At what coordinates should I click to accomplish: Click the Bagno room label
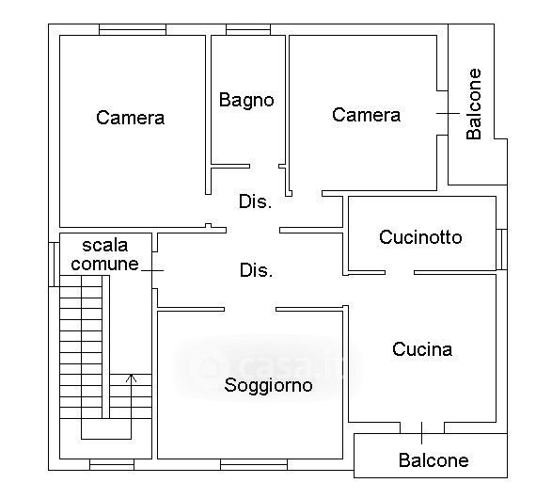(x=246, y=101)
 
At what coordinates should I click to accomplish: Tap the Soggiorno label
(x=268, y=386)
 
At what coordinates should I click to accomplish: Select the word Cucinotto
(x=420, y=237)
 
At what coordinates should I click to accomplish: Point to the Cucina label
(x=422, y=349)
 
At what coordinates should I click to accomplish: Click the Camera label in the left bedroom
(x=131, y=118)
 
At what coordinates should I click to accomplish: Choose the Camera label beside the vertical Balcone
(x=366, y=115)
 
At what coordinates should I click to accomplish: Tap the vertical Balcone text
(x=474, y=104)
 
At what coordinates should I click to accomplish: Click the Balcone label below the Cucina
(x=434, y=460)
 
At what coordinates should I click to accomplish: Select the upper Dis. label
(x=256, y=201)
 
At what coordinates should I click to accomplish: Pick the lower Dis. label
(x=256, y=270)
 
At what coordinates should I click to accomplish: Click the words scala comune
(x=105, y=254)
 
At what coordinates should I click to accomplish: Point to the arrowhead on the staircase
(x=132, y=378)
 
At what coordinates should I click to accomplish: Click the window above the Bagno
(x=248, y=29)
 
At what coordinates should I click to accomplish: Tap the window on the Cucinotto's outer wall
(x=501, y=249)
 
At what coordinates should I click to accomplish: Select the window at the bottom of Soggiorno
(x=254, y=464)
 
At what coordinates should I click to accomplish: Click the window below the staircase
(x=112, y=464)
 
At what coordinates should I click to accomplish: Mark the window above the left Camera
(x=133, y=29)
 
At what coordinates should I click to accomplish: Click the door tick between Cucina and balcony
(x=422, y=433)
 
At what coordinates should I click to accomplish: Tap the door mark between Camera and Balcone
(x=449, y=113)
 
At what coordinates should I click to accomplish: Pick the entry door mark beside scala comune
(x=152, y=270)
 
